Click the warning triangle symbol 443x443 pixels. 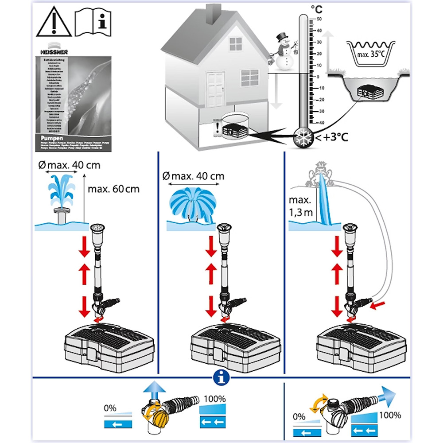coord(54,23)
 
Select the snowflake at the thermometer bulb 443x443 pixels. coord(303,137)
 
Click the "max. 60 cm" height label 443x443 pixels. coord(113,189)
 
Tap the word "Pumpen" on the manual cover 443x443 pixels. coord(48,138)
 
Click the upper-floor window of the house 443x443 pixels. coord(236,44)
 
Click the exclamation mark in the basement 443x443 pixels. coord(217,128)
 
